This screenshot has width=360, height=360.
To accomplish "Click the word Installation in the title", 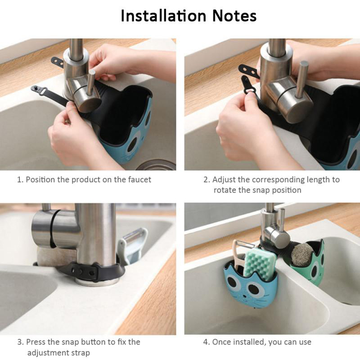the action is click(x=163, y=16).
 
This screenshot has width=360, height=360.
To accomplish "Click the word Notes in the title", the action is click(x=234, y=16).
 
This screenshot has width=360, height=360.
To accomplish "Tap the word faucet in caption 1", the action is click(x=139, y=180).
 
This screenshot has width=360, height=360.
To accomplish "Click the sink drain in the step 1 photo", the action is click(x=157, y=165).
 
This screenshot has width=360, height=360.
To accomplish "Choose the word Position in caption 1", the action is click(x=40, y=180).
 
